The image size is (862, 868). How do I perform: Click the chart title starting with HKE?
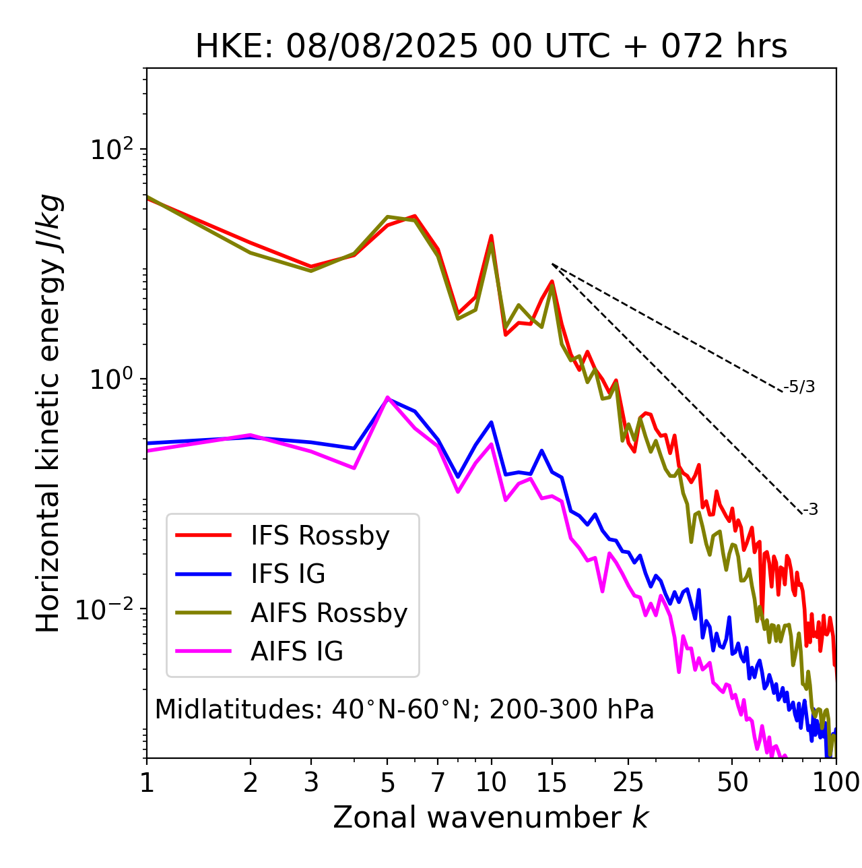click(x=491, y=47)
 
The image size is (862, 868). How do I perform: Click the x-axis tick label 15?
click(x=552, y=782)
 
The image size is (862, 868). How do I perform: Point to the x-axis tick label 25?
click(x=628, y=782)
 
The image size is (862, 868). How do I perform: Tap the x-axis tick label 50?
click(x=732, y=782)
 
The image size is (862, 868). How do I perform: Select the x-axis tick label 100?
click(x=835, y=782)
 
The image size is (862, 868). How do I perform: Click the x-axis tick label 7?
click(x=438, y=782)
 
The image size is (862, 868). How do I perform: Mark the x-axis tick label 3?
click(x=310, y=782)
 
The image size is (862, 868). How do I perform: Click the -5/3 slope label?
click(x=799, y=387)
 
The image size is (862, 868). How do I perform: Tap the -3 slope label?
click(x=810, y=509)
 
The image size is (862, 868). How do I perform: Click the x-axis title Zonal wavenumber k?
click(x=491, y=817)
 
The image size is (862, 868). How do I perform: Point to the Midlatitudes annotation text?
click(x=404, y=710)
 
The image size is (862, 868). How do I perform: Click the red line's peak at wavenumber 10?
click(x=491, y=236)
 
